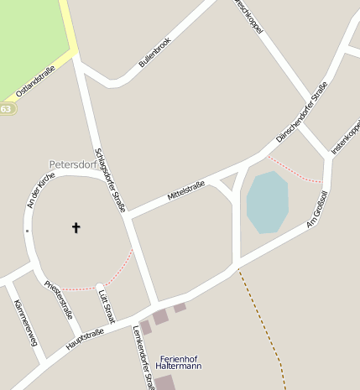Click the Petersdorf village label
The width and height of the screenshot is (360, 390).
pos(73,164)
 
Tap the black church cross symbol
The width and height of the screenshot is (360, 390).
pos(76,227)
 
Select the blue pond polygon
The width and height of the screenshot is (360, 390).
pos(267,201)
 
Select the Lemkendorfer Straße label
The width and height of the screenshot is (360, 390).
pos(143,357)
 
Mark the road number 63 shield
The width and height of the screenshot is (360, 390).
pos(6,109)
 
